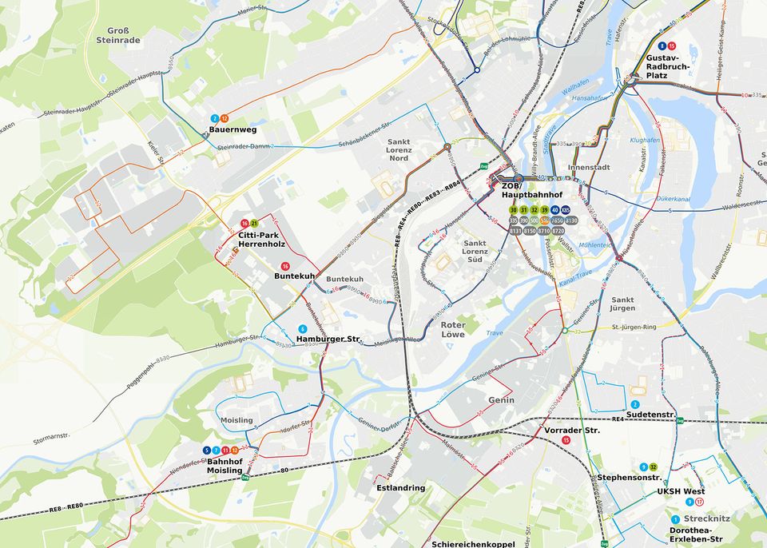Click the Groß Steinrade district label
pyautogui.click(x=117, y=34)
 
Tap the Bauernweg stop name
pyautogui.click(x=232, y=129)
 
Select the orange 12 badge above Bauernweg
pyautogui.click(x=225, y=118)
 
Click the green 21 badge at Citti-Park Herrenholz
pyautogui.click(x=254, y=223)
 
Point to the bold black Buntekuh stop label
pyautogui.click(x=294, y=276)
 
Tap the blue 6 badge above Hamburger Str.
pyautogui.click(x=302, y=328)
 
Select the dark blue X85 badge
pyautogui.click(x=566, y=210)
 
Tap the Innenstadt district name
pyautogui.click(x=589, y=167)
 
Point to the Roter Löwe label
pyautogui.click(x=453, y=329)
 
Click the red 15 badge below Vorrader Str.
pyautogui.click(x=566, y=440)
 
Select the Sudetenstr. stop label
pyautogui.click(x=650, y=415)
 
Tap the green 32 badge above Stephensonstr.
pyautogui.click(x=654, y=467)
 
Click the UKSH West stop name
pyautogui.click(x=681, y=491)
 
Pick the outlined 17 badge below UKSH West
pyautogui.click(x=699, y=502)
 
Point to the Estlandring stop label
pyautogui.click(x=400, y=487)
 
